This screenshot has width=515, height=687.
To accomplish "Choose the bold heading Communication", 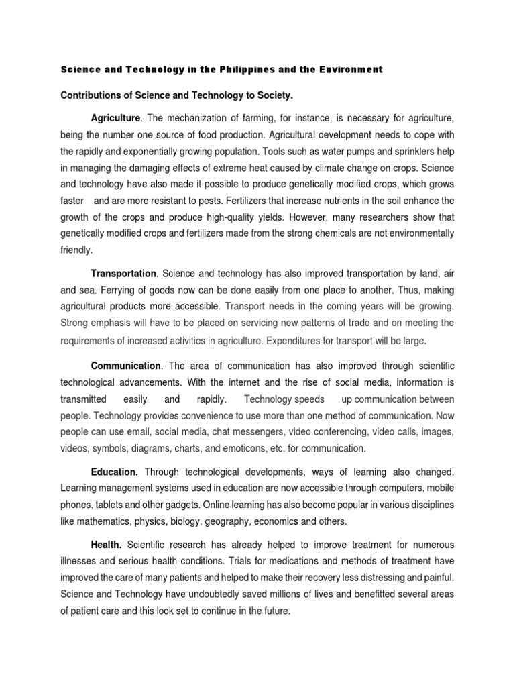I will pos(126,366).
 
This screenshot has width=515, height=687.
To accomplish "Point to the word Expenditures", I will pos(296,341).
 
